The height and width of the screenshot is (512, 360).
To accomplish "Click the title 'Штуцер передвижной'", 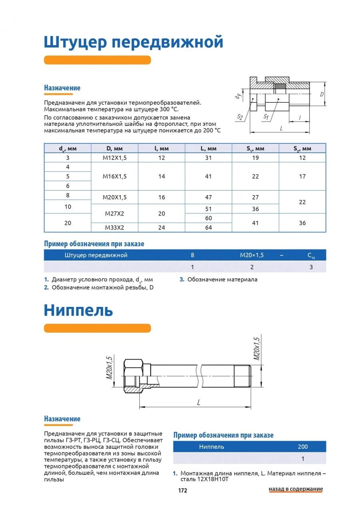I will pos(133,42).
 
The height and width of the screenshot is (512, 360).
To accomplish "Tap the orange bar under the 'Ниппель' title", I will pos(97,328).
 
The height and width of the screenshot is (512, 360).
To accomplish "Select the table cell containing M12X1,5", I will pos(115,158).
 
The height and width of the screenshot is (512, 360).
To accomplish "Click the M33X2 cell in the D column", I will pos(115,228).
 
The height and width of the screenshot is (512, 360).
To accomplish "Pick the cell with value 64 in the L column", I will pos(208,228).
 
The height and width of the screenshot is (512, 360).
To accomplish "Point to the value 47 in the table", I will pos(208,197).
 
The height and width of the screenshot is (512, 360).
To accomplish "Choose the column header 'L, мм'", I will pos(208,148).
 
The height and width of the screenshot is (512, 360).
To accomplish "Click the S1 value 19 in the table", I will pos(255,158).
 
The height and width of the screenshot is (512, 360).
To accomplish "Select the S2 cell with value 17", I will pos(302,176).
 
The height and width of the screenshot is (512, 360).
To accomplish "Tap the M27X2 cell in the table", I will pos(115,214).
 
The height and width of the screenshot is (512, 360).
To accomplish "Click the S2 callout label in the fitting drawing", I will pos(240,117).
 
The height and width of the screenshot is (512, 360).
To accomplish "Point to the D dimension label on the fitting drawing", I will pos(322,95).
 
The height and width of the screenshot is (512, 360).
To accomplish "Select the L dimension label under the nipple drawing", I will pos(198,403).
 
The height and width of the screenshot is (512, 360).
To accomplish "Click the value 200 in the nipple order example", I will pos(303,447).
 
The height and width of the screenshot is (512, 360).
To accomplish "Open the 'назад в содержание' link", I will pos(296,489).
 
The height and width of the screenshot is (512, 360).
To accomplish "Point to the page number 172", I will pos(182,490).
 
